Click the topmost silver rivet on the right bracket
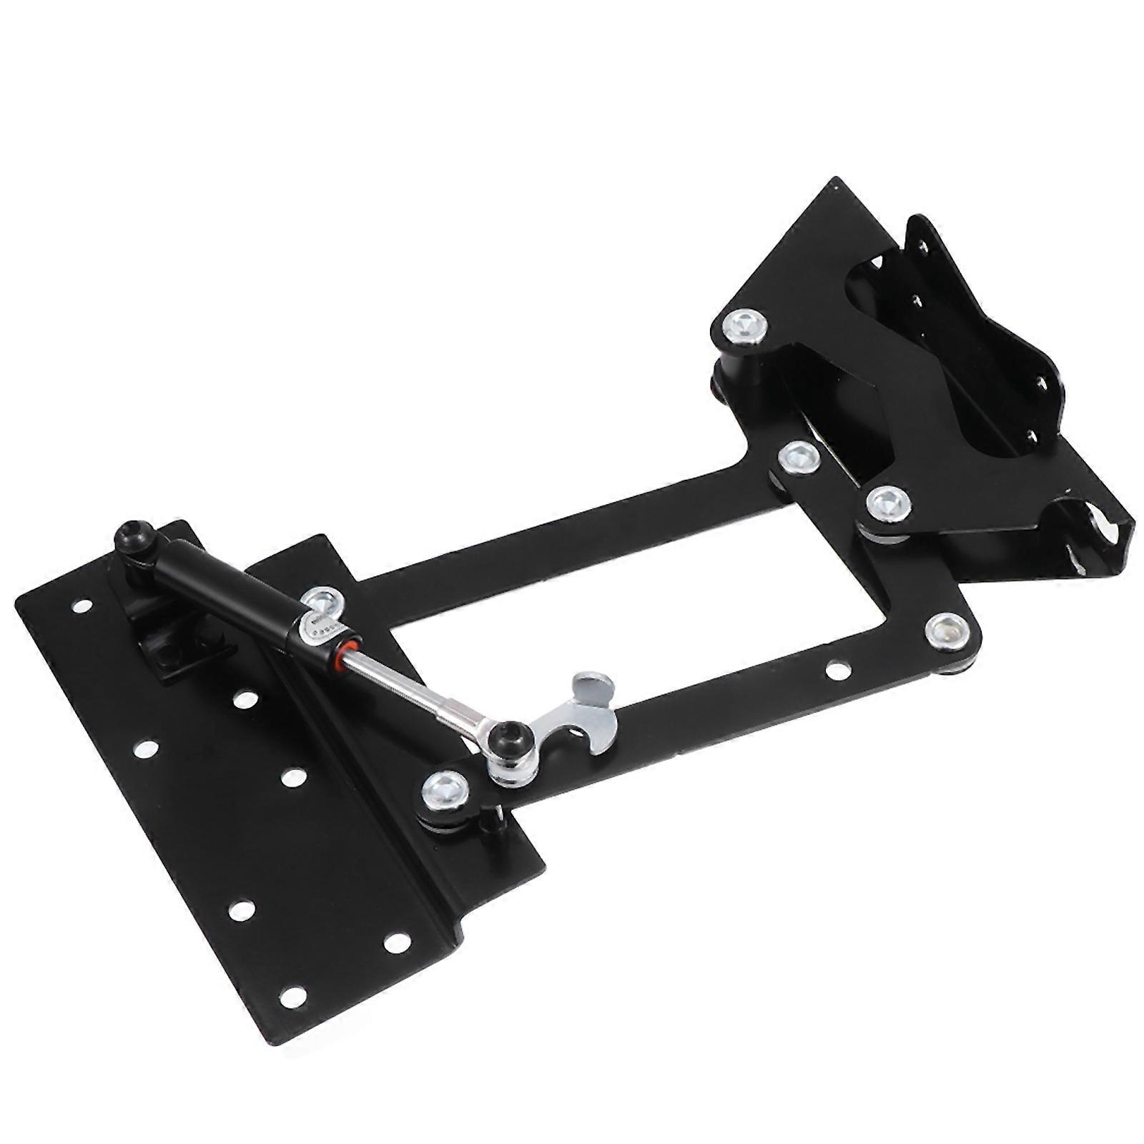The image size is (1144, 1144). click(x=745, y=327)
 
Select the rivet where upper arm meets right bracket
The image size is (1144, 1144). click(x=798, y=456)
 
